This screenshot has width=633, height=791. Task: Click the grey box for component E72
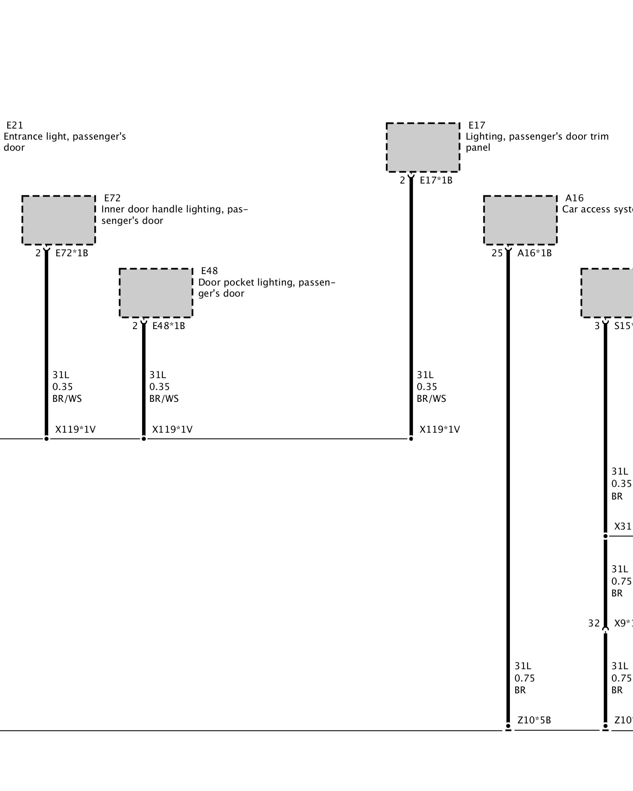[x=59, y=220]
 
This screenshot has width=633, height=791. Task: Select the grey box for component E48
[x=156, y=293]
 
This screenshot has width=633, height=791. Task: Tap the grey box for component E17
[x=423, y=148]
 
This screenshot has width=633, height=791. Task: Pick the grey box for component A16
[x=520, y=220]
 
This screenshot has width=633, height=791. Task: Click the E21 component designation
[x=15, y=125]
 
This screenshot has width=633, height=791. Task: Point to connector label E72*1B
[x=72, y=253]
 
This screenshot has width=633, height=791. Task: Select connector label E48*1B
[x=169, y=326]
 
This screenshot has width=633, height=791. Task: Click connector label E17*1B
[x=436, y=180]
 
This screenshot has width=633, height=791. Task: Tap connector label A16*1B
[x=534, y=253]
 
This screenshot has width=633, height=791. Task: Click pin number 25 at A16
[x=497, y=253]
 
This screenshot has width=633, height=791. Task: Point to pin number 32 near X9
[x=594, y=624]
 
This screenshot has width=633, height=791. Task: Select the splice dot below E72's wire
[x=46, y=439]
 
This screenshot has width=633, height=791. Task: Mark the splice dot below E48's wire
[x=144, y=439]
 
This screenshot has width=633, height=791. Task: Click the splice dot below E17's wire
[x=411, y=439]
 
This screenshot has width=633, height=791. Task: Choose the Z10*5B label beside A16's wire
[x=534, y=720]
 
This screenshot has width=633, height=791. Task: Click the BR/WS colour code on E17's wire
[x=431, y=399]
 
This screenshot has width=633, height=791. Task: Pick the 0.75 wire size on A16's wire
[x=525, y=678]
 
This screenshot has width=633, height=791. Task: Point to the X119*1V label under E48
[x=172, y=430]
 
